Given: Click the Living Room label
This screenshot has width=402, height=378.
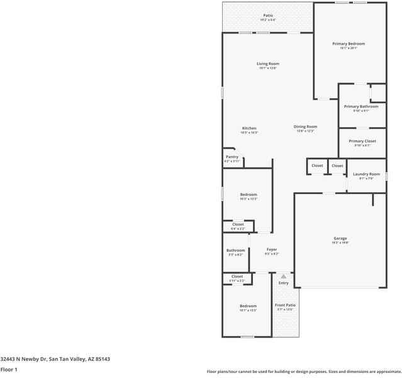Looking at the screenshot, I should [267, 64].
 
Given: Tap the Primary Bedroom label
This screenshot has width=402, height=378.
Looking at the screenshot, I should [349, 43].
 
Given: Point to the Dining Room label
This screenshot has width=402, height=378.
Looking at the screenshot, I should [305, 127].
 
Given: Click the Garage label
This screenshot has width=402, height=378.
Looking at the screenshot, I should [340, 238].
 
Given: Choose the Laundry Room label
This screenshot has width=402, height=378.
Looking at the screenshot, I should [366, 174].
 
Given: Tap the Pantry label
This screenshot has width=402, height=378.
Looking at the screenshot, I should [232, 157].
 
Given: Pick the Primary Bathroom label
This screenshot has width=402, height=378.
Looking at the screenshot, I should [361, 106].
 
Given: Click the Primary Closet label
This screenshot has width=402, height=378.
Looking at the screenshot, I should [362, 141].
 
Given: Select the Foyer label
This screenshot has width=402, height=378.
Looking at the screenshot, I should [271, 249].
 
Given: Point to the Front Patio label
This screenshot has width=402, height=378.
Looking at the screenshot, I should [285, 305].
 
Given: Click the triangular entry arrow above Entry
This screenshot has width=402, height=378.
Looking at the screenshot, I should [284, 276].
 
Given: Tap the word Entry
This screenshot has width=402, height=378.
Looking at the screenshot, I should [284, 283].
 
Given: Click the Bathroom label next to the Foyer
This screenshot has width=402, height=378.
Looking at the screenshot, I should [236, 251].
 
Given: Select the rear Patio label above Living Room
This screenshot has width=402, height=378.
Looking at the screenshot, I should [268, 15].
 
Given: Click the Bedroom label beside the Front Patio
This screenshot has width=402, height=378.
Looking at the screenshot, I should [248, 306].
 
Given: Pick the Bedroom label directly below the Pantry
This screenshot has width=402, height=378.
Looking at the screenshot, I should [248, 195].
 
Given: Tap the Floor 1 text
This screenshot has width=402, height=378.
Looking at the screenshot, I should [9, 369].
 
